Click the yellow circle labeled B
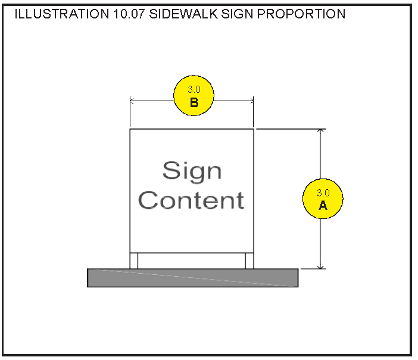coord(194,96)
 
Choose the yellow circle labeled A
coord(323,199)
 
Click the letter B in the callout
coord(194,102)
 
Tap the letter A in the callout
coord(323,205)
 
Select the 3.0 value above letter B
coord(194,89)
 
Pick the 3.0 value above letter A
coord(323,193)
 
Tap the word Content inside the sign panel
coord(191,200)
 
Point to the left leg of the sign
coord(134,261)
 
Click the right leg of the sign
coord(249,261)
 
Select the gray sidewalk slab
coord(192,278)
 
